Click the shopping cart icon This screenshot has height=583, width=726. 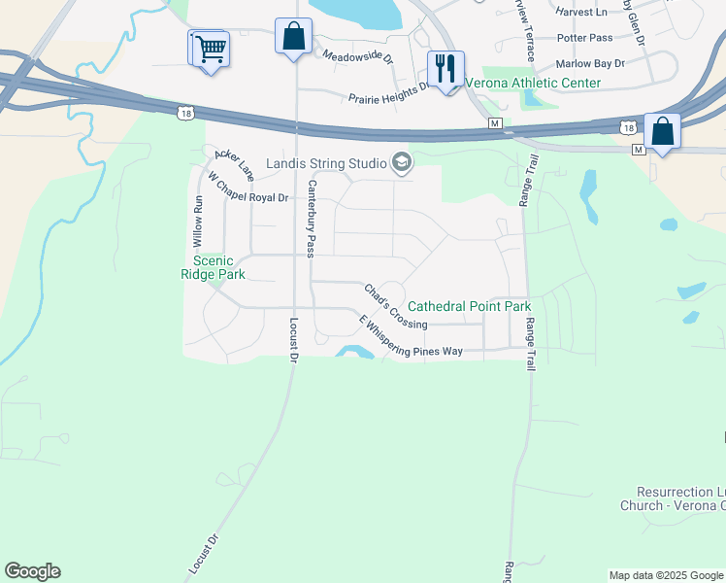tap(210, 48)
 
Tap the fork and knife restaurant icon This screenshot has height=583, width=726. tap(445, 69)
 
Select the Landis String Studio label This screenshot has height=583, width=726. tap(327, 163)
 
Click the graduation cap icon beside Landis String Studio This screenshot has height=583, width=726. tap(401, 163)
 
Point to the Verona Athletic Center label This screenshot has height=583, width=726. tap(533, 83)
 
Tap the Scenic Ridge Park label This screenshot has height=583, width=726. tap(219, 267)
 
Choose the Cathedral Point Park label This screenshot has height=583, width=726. tap(469, 306)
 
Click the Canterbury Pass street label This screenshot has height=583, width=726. tap(312, 219)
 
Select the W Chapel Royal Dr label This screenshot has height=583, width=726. tap(248, 188)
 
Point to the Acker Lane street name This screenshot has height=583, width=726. tap(234, 164)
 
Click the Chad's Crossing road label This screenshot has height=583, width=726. tap(395, 306)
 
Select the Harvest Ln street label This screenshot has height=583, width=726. tap(582, 13)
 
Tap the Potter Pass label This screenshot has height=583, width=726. tap(585, 38)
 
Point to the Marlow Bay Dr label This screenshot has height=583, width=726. tap(591, 62)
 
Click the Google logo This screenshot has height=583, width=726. tap(32, 571)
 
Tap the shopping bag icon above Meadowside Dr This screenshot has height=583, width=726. tap(293, 38)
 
